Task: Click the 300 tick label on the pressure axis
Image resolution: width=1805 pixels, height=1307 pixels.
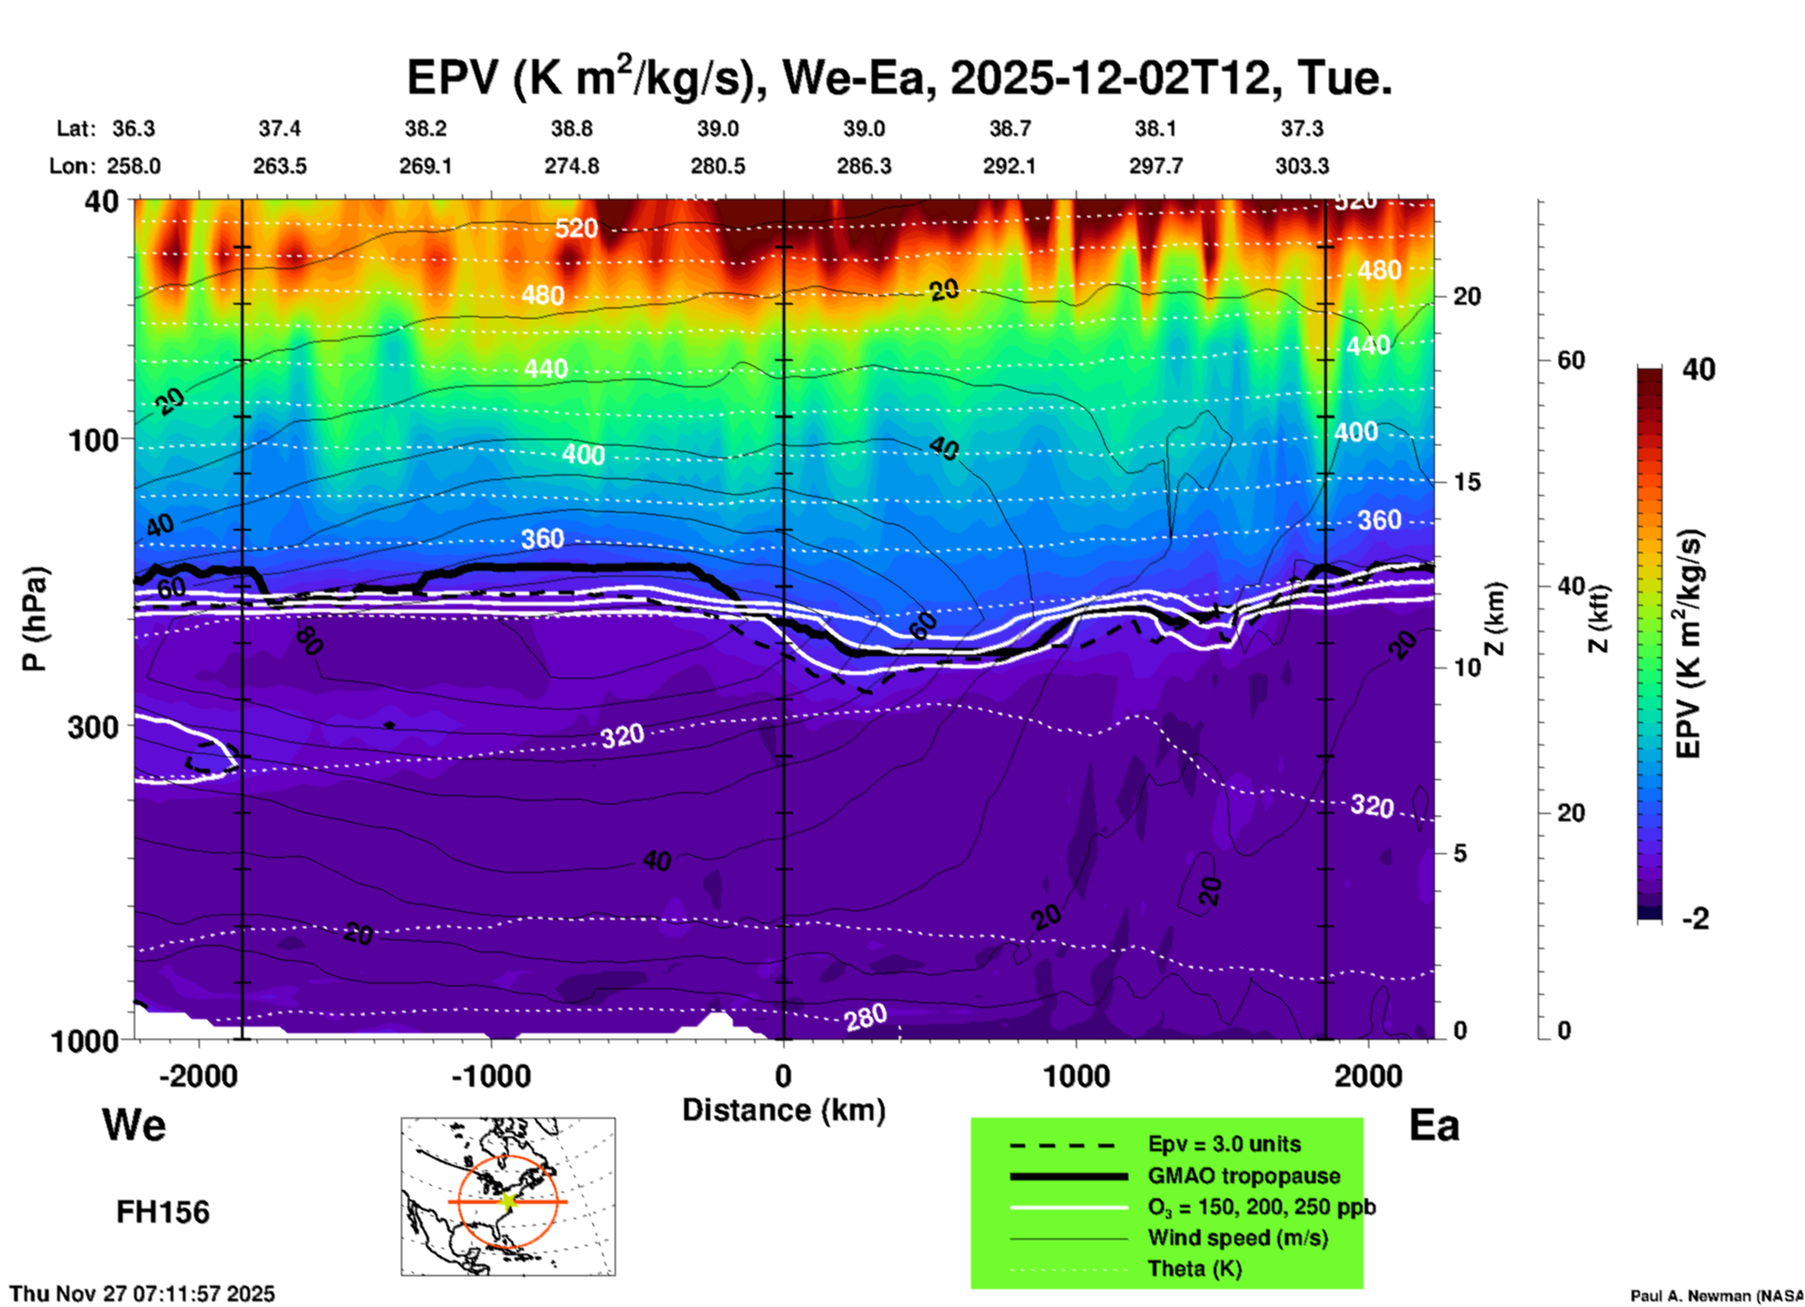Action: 93,728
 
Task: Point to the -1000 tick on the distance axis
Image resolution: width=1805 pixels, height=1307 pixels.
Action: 491,1075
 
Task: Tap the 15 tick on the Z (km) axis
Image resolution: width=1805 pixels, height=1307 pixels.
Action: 1467,482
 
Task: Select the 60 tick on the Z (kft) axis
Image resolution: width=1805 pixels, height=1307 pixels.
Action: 1571,361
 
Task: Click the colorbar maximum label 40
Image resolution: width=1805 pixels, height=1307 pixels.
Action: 1698,369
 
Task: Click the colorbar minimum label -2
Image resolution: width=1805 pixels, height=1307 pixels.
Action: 1695,919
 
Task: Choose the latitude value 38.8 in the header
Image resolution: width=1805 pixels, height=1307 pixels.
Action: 572,128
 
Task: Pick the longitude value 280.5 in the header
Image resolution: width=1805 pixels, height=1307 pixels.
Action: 718,166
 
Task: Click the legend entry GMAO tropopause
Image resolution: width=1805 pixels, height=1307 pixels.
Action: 1244,1176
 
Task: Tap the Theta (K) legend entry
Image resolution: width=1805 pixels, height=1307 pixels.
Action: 1194,1269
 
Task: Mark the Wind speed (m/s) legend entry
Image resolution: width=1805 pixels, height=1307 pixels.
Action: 1237,1238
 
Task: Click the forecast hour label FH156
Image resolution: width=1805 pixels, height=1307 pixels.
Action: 163,1212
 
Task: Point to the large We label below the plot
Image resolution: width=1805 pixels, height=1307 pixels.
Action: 134,1124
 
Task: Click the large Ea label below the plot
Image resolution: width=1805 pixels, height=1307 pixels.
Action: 1434,1125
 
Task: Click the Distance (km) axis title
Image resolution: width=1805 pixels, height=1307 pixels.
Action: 783,1110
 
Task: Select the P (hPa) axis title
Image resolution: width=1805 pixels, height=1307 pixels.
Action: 35,618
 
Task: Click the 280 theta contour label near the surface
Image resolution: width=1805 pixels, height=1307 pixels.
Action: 865,1016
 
